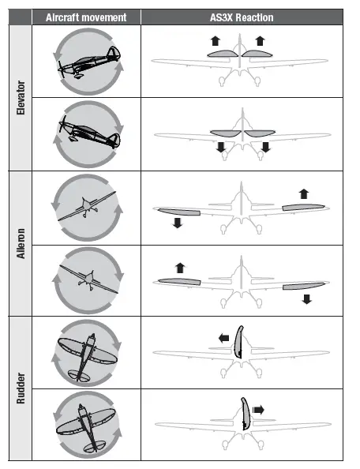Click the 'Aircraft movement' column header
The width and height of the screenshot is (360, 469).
tap(86, 17)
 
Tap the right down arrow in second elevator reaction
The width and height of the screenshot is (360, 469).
tap(265, 148)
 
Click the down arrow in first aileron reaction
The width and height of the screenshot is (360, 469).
tap(177, 223)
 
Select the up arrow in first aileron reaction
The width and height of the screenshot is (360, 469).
tap(305, 193)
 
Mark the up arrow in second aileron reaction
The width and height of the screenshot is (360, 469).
tap(178, 268)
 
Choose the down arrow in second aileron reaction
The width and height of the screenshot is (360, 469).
tap(307, 298)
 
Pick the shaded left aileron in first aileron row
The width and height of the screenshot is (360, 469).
tap(179, 211)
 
